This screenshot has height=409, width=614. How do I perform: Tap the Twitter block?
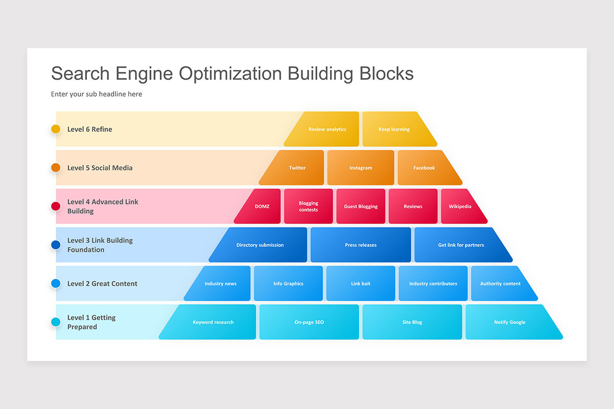297,168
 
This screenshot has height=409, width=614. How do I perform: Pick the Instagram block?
361,168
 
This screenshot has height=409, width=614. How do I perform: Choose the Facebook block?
425,168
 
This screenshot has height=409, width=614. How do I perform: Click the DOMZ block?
261,207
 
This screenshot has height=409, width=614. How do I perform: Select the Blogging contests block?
309,207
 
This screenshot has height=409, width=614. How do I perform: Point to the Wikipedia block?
461,207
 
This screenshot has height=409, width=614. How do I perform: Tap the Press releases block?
361,245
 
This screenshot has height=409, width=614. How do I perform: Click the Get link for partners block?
461,245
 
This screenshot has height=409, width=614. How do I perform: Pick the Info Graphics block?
288,284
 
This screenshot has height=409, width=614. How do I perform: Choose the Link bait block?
361,284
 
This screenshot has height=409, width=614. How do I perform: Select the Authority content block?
500,284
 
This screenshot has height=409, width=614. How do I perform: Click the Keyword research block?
213,322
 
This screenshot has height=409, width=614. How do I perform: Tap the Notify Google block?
510,322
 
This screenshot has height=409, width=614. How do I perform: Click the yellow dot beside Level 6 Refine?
56,129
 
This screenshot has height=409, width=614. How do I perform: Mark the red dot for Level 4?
56,207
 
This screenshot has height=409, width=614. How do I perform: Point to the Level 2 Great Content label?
102,284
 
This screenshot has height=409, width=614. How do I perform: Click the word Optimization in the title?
230,74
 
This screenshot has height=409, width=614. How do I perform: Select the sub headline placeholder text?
97,94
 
